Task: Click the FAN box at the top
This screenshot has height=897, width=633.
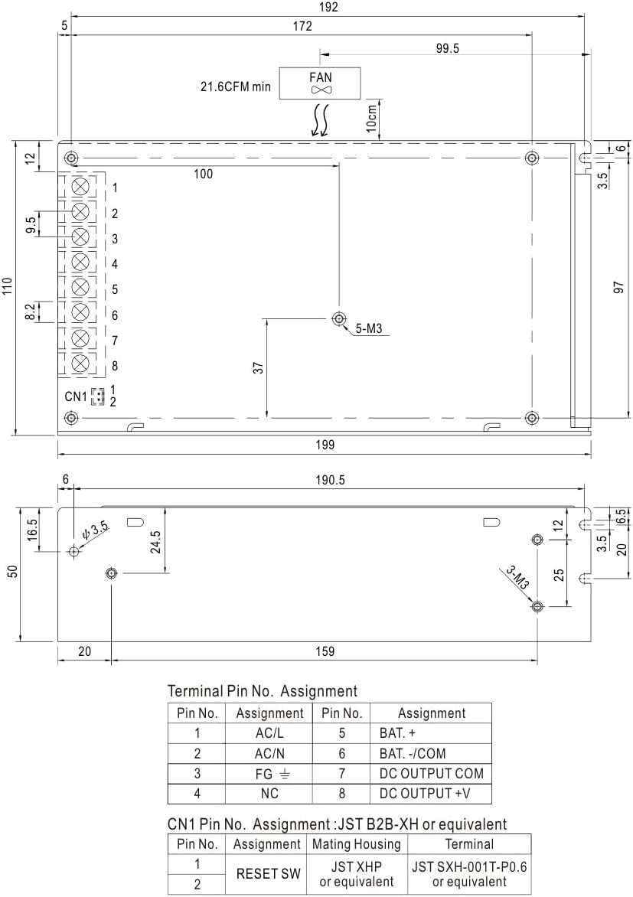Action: pyautogui.click(x=320, y=83)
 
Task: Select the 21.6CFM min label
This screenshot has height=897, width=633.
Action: pyautogui.click(x=230, y=86)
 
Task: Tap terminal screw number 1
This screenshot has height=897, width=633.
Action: pyautogui.click(x=80, y=187)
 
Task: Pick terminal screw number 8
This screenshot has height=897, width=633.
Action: pyautogui.click(x=80, y=364)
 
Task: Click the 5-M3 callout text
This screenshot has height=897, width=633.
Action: pyautogui.click(x=368, y=331)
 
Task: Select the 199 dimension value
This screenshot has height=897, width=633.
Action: pyautogui.click(x=325, y=445)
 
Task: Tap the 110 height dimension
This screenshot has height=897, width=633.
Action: pyautogui.click(x=8, y=286)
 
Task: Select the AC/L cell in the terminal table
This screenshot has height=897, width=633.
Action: pyautogui.click(x=269, y=732)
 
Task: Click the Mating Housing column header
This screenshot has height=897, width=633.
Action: pyautogui.click(x=357, y=844)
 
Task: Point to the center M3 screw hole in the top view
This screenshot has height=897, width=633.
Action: pyautogui.click(x=338, y=318)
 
